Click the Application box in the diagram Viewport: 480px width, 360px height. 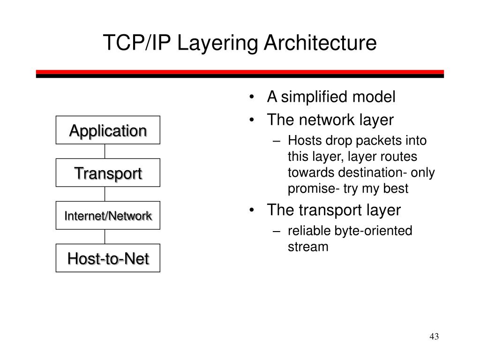coord(108,130)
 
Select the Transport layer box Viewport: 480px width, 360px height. coord(108,173)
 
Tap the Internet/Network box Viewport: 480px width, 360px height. coord(108,216)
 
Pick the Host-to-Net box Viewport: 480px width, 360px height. coord(108,258)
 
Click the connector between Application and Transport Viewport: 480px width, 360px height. coord(105,151)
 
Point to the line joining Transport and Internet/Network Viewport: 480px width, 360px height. coord(105,194)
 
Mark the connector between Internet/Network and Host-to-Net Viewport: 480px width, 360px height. coord(105,236)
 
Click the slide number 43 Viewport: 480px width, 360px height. coord(434,337)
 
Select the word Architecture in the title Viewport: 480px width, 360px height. coord(320,43)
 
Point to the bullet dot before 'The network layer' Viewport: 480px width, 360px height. coord(253,120)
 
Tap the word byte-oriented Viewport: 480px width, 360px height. coord(373,231)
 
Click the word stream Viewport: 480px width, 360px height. coord(308,247)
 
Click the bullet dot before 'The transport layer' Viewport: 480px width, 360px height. coord(253,210)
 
